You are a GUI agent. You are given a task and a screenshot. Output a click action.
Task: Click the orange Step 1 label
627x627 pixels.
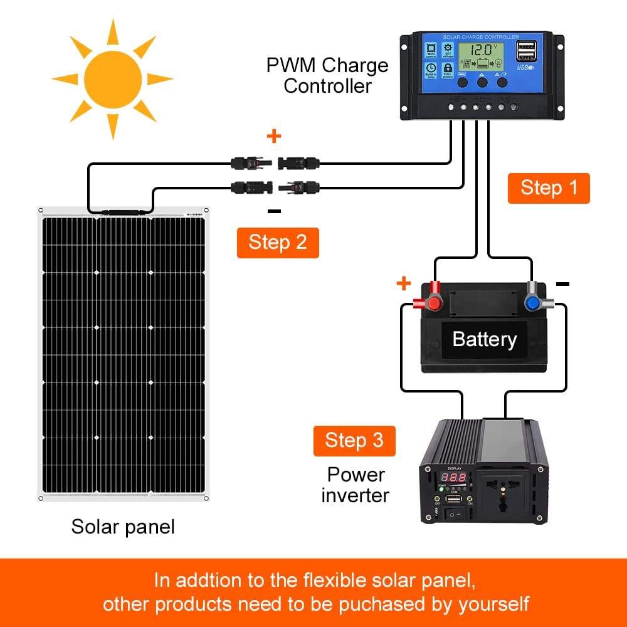549,188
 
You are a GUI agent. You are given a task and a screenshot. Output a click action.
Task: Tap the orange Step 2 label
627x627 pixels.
278,243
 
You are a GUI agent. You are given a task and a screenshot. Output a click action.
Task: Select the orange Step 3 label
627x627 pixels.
354,440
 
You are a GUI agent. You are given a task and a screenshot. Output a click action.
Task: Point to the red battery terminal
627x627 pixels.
432,302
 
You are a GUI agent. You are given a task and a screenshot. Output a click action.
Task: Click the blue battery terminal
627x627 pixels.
533,302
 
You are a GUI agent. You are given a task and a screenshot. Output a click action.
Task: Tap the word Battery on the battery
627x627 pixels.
484,339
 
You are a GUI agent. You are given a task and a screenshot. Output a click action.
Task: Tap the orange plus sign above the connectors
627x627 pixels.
274,136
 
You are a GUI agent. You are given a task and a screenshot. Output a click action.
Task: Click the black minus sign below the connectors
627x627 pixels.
274,211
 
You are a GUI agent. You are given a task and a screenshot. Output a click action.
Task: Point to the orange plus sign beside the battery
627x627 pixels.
404,284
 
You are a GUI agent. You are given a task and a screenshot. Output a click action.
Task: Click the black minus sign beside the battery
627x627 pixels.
562,284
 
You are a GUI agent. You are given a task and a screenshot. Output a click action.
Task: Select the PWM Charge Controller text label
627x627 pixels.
327,75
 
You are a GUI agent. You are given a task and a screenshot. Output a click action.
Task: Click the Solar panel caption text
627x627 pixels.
123,526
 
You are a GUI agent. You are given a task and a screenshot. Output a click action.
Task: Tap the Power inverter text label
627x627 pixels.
356,485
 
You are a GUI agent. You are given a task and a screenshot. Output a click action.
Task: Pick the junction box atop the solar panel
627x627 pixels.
120,213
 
